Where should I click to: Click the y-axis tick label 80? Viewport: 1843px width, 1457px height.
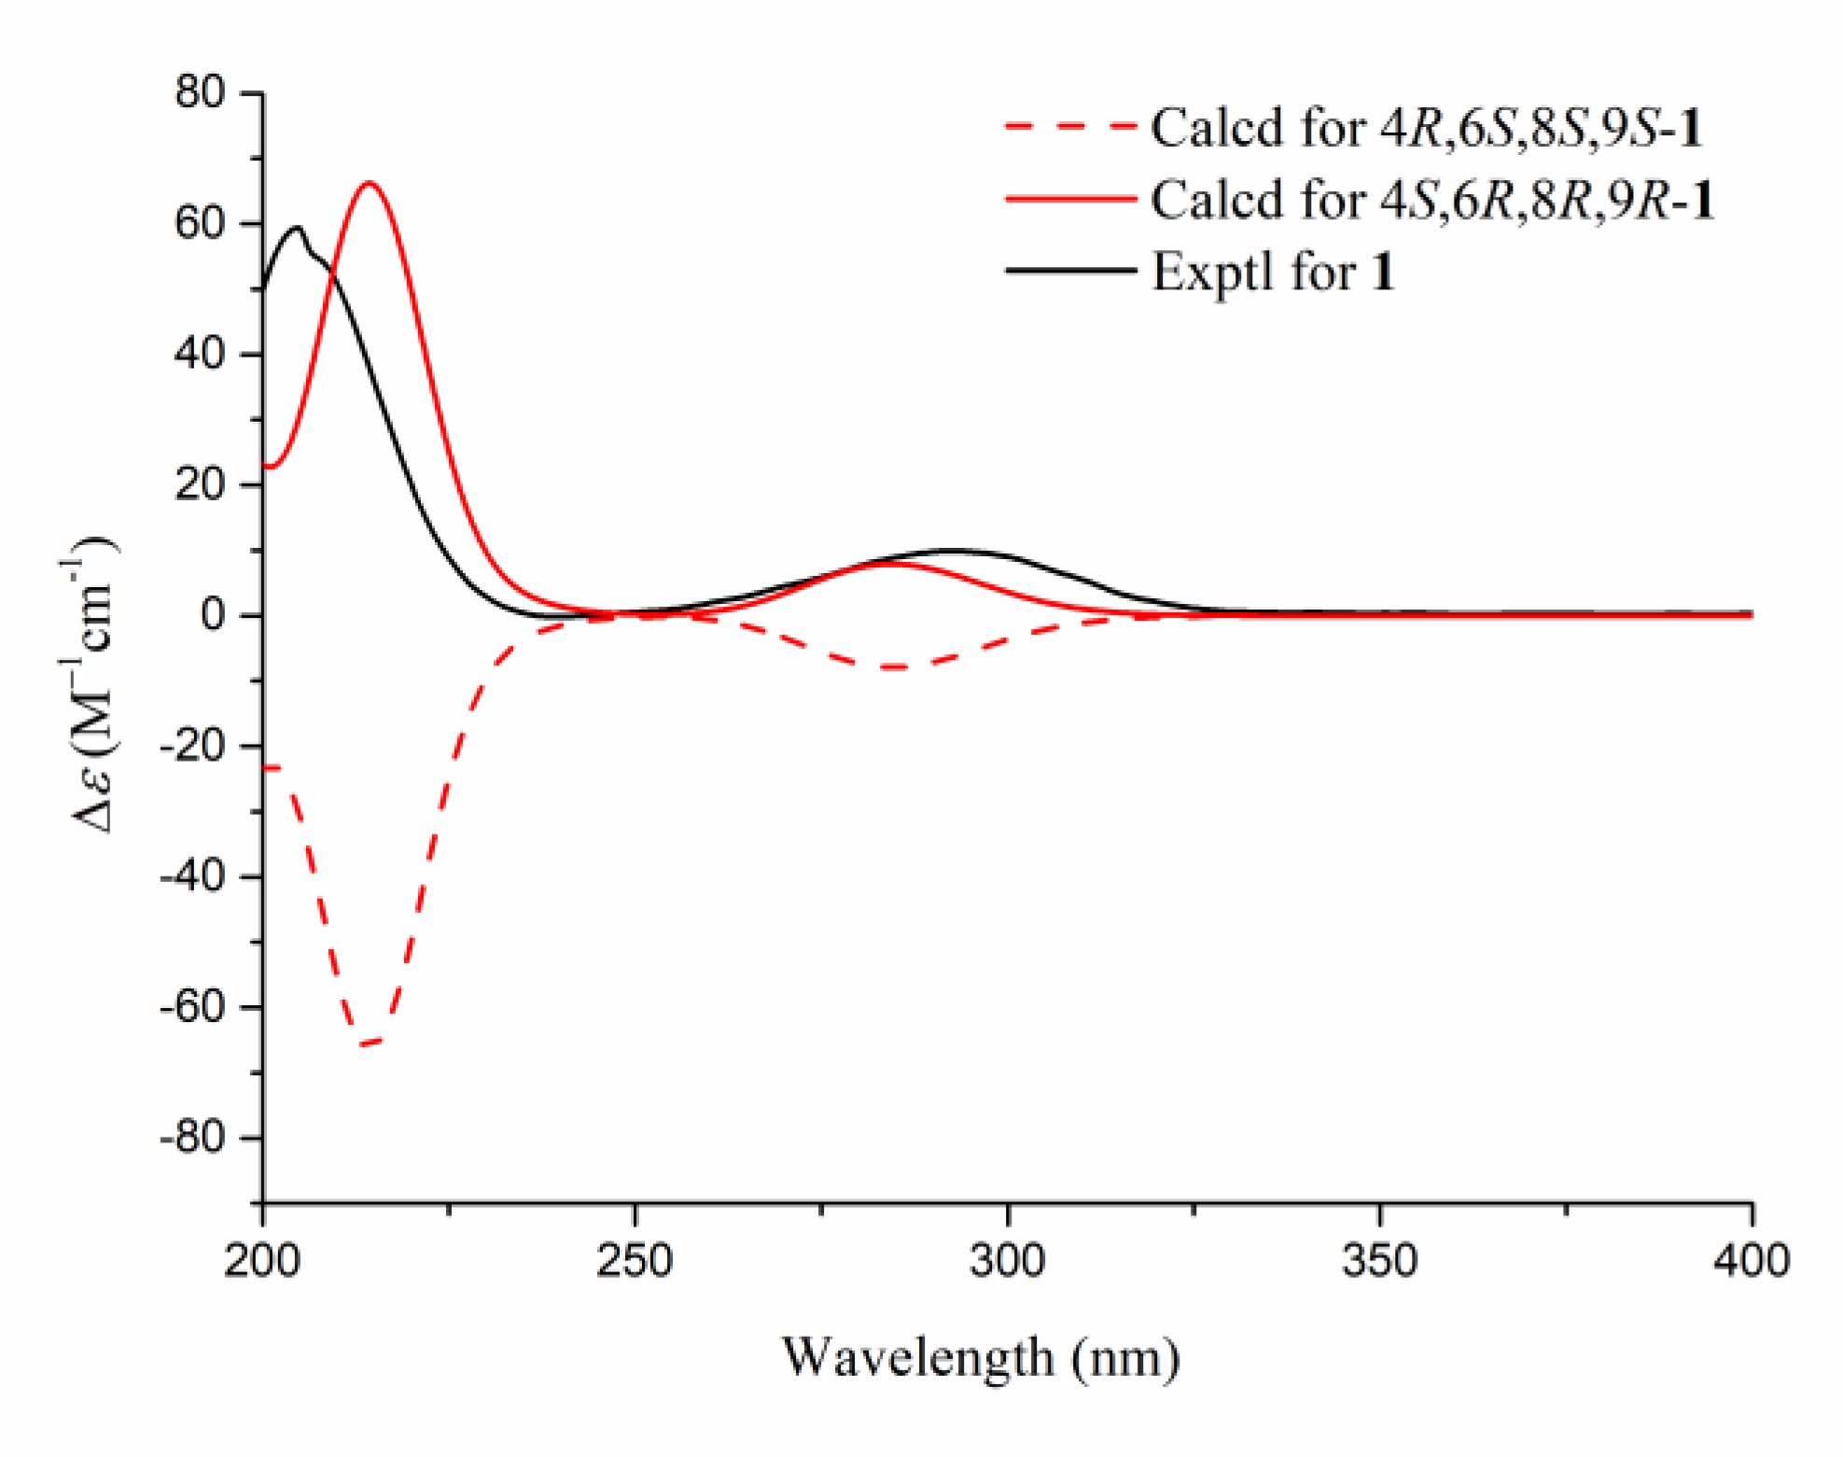pos(200,92)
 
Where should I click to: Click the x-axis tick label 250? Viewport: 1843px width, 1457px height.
pos(635,1261)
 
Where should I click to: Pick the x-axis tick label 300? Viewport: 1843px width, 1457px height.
pos(1007,1261)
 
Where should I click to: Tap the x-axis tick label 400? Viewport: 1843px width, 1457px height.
pos(1752,1261)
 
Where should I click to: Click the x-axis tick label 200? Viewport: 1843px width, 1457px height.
pos(262,1261)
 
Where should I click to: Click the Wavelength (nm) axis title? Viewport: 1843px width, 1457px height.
pos(980,1358)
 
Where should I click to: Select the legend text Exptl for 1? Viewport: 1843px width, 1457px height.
pos(1273,273)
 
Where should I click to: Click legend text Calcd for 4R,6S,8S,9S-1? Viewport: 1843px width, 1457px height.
pos(1427,127)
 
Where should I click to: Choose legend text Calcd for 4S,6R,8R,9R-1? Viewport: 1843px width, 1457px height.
pos(1432,200)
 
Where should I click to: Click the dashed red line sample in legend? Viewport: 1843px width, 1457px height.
pos(1069,126)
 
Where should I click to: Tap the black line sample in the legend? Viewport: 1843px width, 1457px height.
pos(1069,272)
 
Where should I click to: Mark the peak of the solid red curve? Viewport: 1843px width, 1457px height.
pos(370,183)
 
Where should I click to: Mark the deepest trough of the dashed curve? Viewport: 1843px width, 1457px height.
pos(368,1043)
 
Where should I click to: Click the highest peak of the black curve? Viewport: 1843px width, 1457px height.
pos(298,227)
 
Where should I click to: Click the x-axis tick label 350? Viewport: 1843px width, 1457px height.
pos(1379,1261)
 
